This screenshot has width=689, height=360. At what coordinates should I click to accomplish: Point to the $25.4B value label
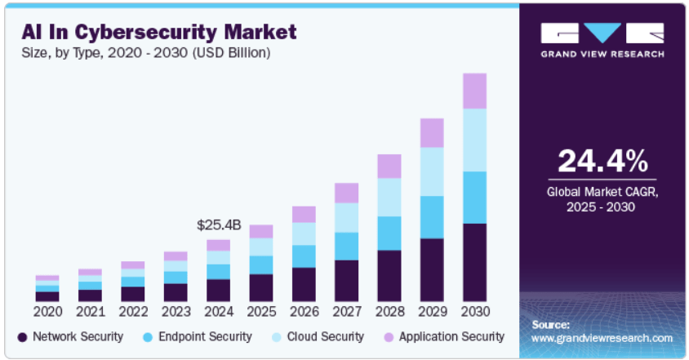tap(219, 224)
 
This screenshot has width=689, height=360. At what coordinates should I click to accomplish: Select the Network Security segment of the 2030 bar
tap(474, 261)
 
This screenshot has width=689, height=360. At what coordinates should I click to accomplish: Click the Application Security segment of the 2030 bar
tap(474, 91)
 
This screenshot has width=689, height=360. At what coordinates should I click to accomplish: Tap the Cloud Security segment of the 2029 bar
tap(432, 171)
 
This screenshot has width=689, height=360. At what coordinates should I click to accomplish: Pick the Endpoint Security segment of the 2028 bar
tap(389, 233)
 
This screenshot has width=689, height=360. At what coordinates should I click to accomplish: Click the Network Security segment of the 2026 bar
tap(304, 284)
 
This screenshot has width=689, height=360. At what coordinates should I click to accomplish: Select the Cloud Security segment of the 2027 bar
tap(347, 217)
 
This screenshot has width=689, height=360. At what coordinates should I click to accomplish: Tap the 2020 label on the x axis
tap(47, 311)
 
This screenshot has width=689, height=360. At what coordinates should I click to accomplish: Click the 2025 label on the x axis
tap(261, 311)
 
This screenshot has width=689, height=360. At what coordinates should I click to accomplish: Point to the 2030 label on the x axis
tap(474, 311)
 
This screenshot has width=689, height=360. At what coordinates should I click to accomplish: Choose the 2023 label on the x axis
tap(176, 311)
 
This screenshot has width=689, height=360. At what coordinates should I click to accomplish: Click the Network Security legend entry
tap(70, 336)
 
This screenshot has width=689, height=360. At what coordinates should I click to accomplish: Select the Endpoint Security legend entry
tap(197, 336)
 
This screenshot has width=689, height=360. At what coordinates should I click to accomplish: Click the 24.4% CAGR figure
tap(602, 160)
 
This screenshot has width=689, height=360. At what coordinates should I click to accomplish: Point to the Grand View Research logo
tap(602, 40)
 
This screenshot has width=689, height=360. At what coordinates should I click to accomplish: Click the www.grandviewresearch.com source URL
tap(602, 337)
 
